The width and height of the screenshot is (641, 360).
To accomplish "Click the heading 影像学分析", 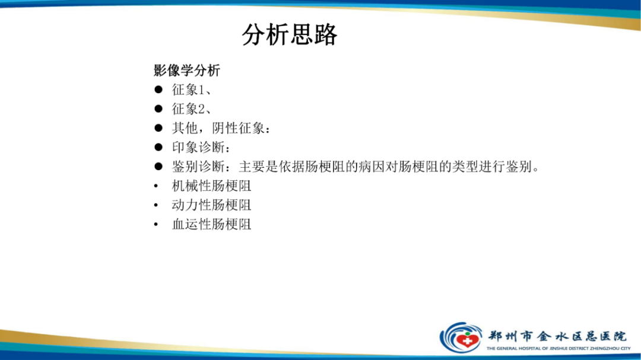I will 187,71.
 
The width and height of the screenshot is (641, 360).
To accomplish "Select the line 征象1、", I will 192,90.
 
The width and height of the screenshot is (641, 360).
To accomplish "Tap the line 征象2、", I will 192,109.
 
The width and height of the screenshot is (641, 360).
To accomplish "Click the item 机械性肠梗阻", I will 212,186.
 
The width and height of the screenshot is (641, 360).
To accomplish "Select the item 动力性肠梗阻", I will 212,205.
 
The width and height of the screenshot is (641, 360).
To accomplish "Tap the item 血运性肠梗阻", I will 212,225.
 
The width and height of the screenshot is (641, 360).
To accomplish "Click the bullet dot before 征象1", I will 158,90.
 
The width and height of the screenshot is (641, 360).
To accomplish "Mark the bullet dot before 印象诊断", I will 158,147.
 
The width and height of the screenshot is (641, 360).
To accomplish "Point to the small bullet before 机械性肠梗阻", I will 156,186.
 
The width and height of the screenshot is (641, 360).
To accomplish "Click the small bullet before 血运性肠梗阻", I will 156,225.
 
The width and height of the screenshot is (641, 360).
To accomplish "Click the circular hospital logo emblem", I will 461,337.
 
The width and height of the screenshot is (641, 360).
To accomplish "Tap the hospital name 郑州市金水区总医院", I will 557,334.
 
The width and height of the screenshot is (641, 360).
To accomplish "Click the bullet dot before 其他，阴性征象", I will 158,128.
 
